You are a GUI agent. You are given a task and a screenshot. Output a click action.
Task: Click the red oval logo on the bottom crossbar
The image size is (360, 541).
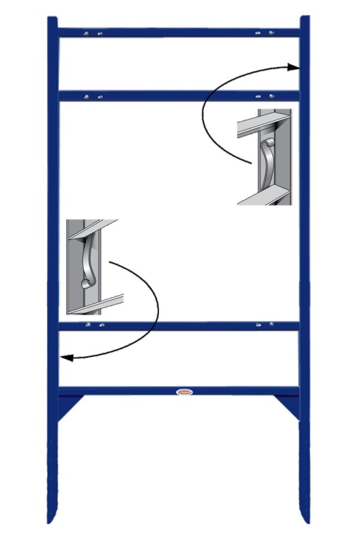(185, 392)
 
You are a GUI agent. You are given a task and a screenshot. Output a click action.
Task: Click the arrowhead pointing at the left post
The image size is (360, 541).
(67, 358)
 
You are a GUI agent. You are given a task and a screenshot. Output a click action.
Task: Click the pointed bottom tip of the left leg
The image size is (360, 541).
(52, 519)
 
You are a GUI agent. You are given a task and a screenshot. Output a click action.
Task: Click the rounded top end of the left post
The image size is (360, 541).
(53, 20)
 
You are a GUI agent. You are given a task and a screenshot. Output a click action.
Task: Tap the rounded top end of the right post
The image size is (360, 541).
(305, 19)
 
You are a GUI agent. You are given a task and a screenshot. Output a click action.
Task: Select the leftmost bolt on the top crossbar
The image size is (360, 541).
(88, 33)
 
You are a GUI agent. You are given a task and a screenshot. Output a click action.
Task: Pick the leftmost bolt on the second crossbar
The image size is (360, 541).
(88, 96)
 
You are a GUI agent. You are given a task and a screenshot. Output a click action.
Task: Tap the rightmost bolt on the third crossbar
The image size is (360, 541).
(271, 324)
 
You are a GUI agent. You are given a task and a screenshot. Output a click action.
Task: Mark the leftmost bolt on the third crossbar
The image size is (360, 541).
(88, 325)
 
